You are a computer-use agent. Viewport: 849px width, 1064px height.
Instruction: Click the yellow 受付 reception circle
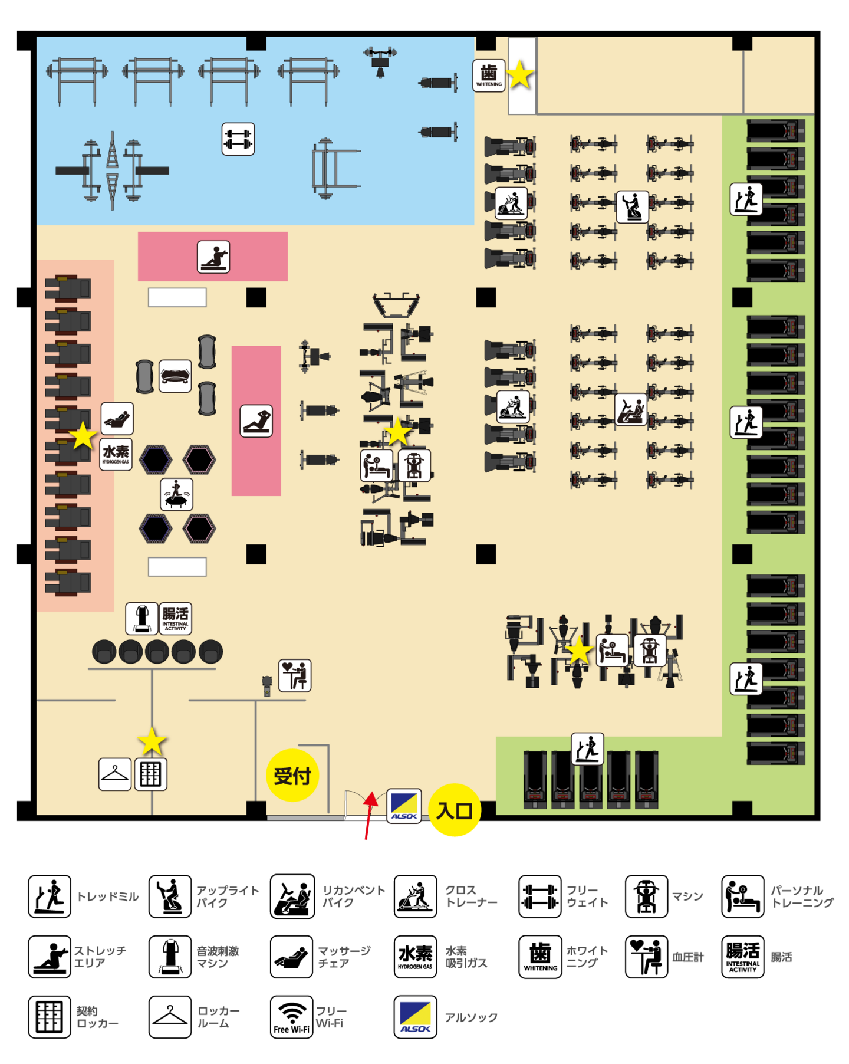[292, 774]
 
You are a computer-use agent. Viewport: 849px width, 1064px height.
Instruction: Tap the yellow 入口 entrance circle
[455, 810]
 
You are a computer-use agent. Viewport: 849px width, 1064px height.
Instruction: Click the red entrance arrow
[370, 815]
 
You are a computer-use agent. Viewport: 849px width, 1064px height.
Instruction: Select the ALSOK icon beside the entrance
[404, 806]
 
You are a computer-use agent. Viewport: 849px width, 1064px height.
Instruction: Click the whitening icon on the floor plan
[489, 75]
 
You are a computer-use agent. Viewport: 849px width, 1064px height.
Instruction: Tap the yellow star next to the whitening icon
[519, 75]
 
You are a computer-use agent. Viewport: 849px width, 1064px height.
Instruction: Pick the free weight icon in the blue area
[238, 139]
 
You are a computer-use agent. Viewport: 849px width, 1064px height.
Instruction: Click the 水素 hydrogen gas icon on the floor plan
[116, 454]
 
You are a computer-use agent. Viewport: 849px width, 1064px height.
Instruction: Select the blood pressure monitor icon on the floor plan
[295, 675]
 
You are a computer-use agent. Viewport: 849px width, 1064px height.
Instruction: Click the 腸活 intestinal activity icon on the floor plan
[175, 618]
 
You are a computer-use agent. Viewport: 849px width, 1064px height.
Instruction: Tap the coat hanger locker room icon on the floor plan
[115, 774]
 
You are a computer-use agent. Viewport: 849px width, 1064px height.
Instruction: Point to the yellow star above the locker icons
[152, 741]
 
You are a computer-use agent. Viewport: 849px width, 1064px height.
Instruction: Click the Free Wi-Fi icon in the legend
[291, 1017]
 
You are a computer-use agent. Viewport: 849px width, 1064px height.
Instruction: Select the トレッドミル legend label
[108, 896]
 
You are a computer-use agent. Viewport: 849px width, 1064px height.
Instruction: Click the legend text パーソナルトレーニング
[802, 896]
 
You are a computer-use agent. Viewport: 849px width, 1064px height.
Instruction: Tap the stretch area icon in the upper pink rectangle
[213, 257]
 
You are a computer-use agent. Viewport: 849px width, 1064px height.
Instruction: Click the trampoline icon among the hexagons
[176, 494]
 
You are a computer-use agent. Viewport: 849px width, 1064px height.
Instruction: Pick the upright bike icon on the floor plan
[632, 206]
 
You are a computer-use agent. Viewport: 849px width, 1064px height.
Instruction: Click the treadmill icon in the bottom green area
[587, 748]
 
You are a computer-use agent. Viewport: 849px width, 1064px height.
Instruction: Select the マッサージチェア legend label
[344, 957]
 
